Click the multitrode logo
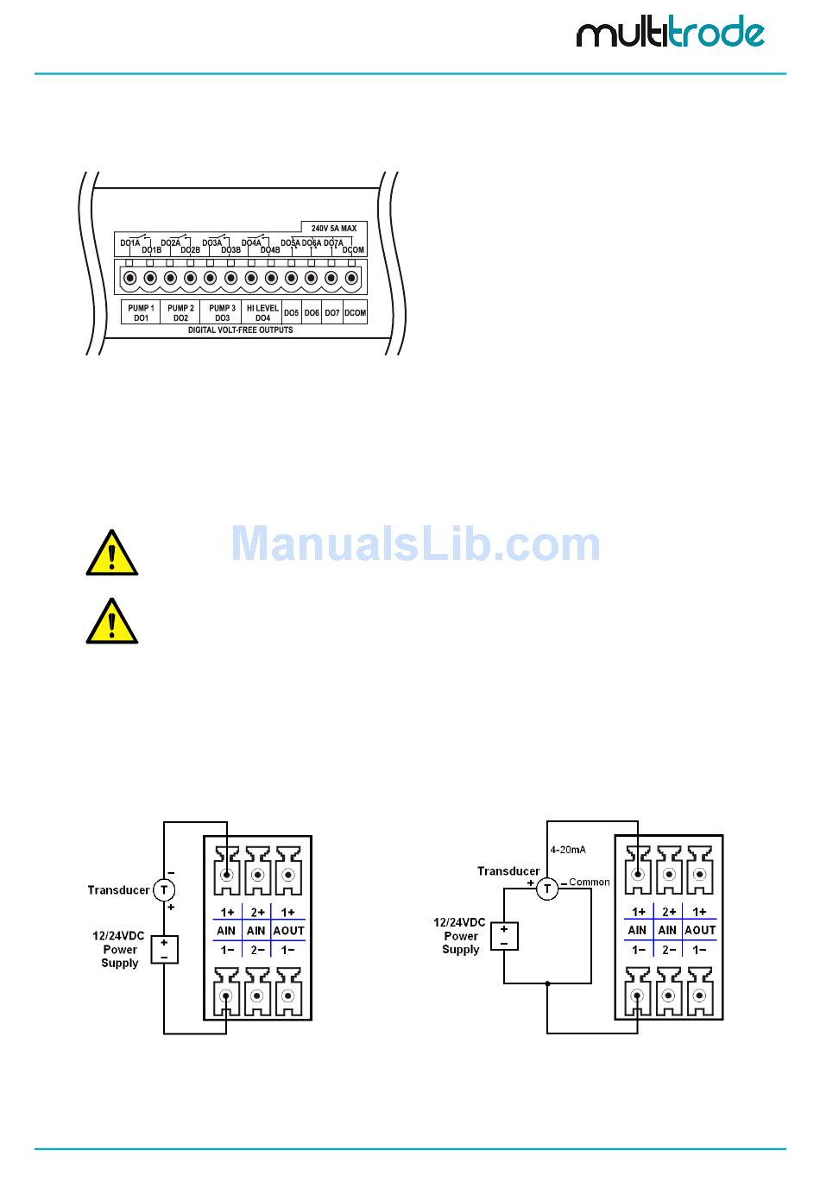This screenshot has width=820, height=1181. tap(670, 33)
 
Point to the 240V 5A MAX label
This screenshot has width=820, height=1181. tap(333, 229)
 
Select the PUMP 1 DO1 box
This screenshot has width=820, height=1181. tap(141, 312)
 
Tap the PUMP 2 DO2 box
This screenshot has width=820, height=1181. tap(180, 312)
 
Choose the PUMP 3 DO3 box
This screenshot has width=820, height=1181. tap(222, 312)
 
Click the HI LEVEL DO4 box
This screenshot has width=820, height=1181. tap(262, 312)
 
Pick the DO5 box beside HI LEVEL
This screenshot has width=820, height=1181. tap(292, 313)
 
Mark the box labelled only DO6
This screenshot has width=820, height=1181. tap(312, 313)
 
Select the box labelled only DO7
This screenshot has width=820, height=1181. tap(332, 313)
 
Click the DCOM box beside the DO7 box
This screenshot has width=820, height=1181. tap(355, 313)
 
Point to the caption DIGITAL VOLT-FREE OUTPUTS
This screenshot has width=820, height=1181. tap(240, 330)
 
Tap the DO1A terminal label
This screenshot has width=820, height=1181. tap(129, 243)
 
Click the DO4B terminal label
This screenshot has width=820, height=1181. tap(270, 250)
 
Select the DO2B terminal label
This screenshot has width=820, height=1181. tap(190, 250)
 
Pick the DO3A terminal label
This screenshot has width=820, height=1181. tap(211, 243)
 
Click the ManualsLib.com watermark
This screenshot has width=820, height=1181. tap(415, 544)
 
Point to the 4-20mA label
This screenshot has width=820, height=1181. tap(567, 850)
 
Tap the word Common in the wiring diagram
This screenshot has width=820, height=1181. tap(590, 883)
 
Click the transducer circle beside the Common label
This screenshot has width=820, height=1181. tap(546, 889)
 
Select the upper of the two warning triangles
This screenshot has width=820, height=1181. tap(112, 554)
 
